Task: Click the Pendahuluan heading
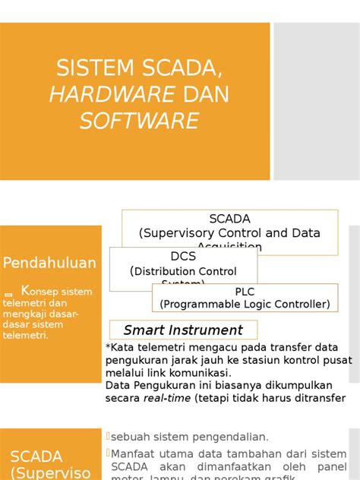coord(49,264)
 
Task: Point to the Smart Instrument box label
coord(183,330)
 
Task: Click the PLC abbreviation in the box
coord(245,292)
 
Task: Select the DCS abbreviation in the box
coord(183,256)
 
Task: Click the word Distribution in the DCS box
coord(165,271)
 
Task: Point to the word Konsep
coord(36,291)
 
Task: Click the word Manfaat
coord(136,453)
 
